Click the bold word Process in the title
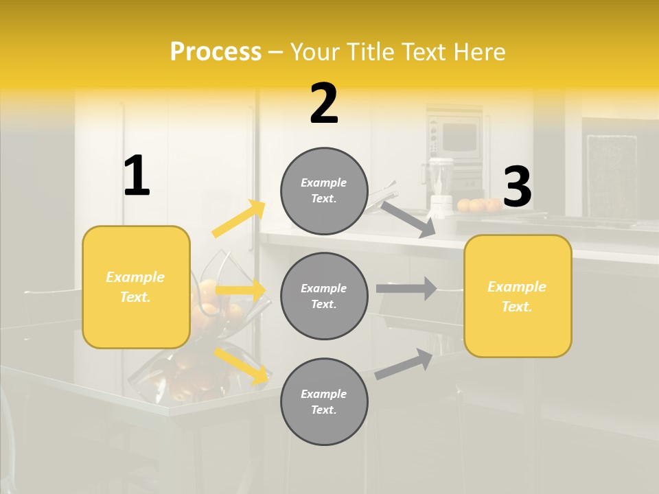pos(216,52)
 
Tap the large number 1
pos(137,176)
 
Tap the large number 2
pos(324,104)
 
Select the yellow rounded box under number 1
pos(136,287)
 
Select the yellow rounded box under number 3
pos(518,296)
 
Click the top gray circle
pos(324,191)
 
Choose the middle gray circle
pos(324,296)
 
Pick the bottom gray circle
pos(324,401)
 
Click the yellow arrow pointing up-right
pos(239,219)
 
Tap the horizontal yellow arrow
pos(241,290)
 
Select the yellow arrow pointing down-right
pos(241,366)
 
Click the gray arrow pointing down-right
pos(408,219)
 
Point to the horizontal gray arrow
pos(406,289)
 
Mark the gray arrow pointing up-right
pos(404,364)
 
